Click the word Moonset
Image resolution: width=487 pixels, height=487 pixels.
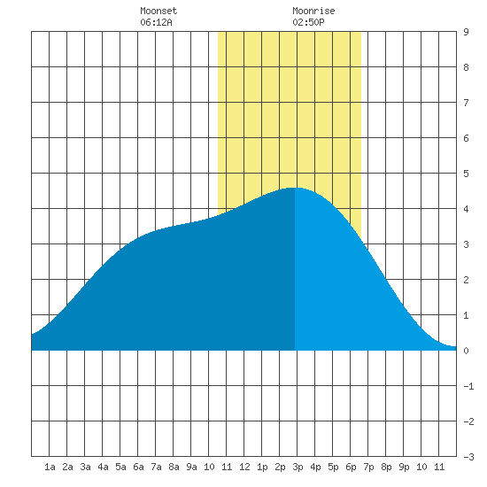pyautogui.click(x=158, y=11)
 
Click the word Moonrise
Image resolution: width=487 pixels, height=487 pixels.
pyautogui.click(x=313, y=11)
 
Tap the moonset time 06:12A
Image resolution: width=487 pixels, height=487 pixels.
pyautogui.click(x=156, y=22)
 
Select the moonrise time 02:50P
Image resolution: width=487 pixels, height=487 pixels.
pyautogui.click(x=308, y=22)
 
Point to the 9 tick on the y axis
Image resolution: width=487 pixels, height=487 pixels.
pyautogui.click(x=466, y=32)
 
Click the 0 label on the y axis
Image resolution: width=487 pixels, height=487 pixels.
pyautogui.click(x=466, y=351)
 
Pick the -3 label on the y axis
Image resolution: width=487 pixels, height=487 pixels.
pyautogui.click(x=468, y=457)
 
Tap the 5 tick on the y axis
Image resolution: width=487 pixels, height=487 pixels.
pyautogui.click(x=466, y=174)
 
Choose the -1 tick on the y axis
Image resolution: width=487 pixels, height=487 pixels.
pyautogui.click(x=468, y=386)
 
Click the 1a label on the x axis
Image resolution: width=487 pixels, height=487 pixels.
pyautogui.click(x=50, y=467)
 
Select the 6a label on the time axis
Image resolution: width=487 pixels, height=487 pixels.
pyautogui.click(x=138, y=467)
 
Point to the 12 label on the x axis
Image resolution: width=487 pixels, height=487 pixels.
pyautogui.click(x=244, y=467)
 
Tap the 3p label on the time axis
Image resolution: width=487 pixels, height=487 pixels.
pyautogui.click(x=298, y=467)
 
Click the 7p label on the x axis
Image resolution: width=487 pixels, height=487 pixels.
pyautogui.click(x=368, y=467)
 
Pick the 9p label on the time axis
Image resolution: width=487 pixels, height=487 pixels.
pyautogui.click(x=404, y=467)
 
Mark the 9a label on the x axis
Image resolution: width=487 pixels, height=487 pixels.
pyautogui.click(x=191, y=467)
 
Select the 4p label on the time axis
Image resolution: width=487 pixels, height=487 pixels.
pyautogui.click(x=315, y=467)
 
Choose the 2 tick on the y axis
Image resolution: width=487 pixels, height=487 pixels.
pyautogui.click(x=466, y=280)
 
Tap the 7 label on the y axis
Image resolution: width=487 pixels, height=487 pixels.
pyautogui.click(x=466, y=103)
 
